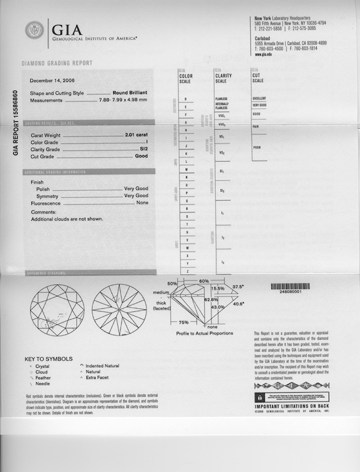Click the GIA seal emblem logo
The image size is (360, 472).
[34, 30]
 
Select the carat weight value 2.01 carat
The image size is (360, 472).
[136, 135]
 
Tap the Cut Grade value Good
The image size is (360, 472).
[141, 156]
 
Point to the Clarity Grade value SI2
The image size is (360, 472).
[144, 149]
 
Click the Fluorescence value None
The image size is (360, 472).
[142, 203]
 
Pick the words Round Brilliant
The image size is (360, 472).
[130, 93]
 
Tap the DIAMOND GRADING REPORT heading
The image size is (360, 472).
[56, 63]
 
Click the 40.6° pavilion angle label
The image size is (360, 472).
[239, 304]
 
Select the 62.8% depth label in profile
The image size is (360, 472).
[211, 299]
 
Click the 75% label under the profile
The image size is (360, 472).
[184, 323]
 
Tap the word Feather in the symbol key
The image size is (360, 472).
[43, 377]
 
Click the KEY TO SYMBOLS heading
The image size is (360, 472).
[48, 359]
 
